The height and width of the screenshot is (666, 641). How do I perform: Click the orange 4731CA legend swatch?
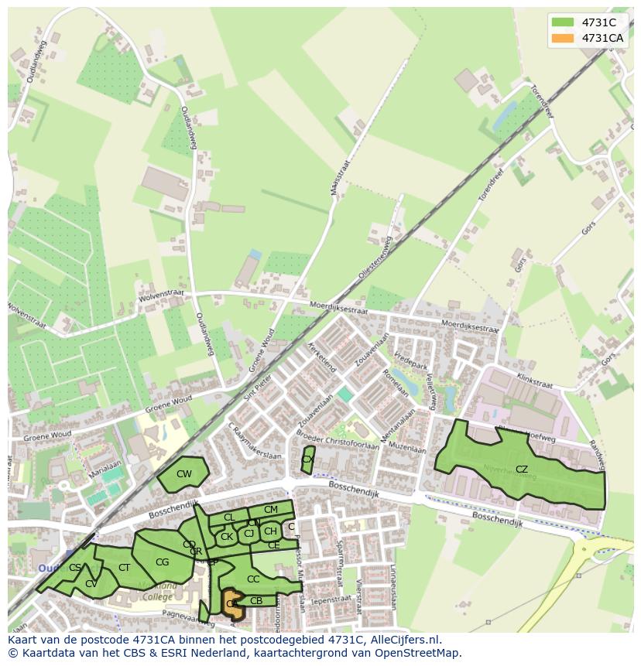point(564,38)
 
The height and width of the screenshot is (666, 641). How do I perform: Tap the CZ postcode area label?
point(521,470)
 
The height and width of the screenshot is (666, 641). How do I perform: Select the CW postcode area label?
point(184,474)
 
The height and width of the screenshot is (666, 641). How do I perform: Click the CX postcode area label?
point(307,459)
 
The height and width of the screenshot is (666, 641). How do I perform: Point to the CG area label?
point(162,562)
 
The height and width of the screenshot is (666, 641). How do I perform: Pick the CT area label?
point(125,568)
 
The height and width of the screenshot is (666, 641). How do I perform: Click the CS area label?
point(74,568)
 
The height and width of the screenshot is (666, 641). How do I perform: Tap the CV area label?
point(91,584)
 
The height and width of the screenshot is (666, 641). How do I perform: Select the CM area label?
point(270,510)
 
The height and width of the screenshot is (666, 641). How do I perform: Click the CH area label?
point(270,531)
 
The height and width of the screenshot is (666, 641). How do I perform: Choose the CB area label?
point(256,601)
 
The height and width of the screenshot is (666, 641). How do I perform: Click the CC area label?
point(253,579)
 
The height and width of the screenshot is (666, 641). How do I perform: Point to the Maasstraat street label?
point(338,179)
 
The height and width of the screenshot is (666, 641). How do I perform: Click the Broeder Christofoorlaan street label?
point(338,442)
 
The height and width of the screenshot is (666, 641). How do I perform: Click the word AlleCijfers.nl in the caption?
point(403,640)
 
